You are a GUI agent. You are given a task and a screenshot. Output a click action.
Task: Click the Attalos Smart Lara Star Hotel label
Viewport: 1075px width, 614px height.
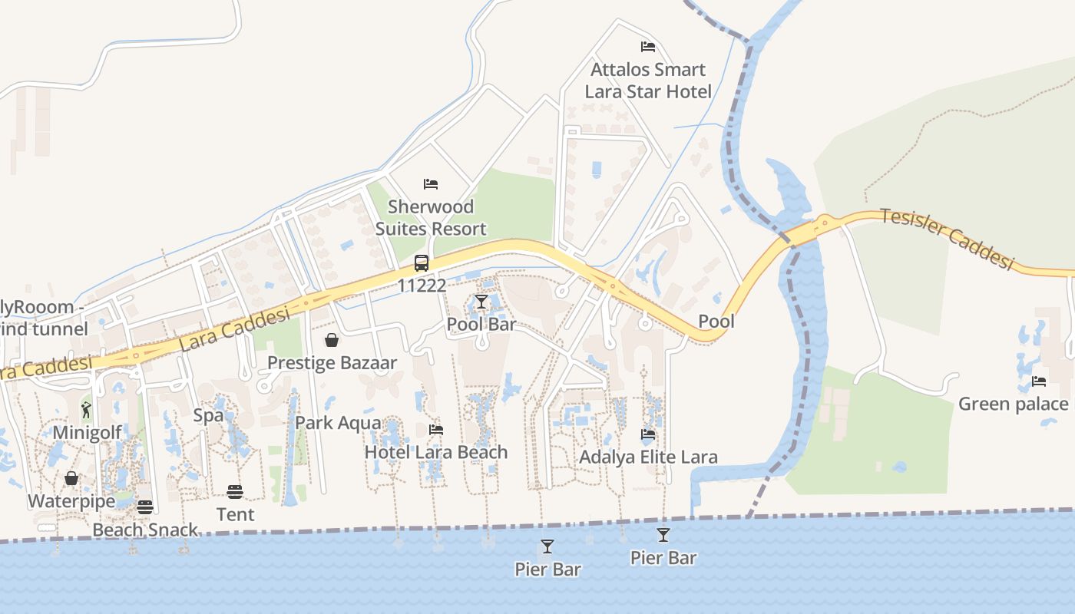point(648,81)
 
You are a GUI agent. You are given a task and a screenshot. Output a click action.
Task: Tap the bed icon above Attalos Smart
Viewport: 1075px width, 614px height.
point(648,47)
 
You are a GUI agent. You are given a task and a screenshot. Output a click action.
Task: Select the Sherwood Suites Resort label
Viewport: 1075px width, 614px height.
point(431,217)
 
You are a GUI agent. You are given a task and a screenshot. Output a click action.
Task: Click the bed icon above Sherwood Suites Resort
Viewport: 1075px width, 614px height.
point(431,184)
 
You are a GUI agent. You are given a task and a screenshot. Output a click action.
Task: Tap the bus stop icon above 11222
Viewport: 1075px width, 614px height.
point(422,263)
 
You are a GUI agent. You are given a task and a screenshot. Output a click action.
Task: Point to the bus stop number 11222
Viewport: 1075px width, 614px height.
point(422,286)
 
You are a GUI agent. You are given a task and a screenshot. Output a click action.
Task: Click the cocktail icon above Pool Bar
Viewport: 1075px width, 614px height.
point(481,302)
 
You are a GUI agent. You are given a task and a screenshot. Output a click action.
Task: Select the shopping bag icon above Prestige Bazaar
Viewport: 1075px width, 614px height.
point(332,340)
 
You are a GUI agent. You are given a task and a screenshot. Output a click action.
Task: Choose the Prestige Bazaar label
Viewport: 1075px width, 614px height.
point(332,363)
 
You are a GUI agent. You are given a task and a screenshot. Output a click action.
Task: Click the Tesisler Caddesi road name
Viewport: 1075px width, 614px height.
point(947,238)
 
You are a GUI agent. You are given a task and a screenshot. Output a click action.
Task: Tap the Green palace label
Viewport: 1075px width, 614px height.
point(1013,404)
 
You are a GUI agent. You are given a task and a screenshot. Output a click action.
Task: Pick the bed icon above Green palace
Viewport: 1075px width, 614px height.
point(1039,381)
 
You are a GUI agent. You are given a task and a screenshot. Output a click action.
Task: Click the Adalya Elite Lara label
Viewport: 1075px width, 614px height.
point(648,457)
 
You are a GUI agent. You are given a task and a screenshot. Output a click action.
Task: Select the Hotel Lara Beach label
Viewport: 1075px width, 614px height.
point(436,452)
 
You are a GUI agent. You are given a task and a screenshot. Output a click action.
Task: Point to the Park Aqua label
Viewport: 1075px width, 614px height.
point(338,423)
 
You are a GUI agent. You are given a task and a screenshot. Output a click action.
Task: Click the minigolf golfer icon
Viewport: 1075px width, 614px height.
point(86,410)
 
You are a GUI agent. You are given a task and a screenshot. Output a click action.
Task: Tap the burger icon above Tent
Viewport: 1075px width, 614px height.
point(235,491)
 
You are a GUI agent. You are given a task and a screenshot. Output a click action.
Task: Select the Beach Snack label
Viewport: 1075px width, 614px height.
point(145,530)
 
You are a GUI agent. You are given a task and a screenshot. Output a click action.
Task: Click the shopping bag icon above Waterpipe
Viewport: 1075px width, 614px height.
point(71,479)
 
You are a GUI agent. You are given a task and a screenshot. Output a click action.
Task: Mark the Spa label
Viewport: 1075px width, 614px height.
point(208,416)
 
